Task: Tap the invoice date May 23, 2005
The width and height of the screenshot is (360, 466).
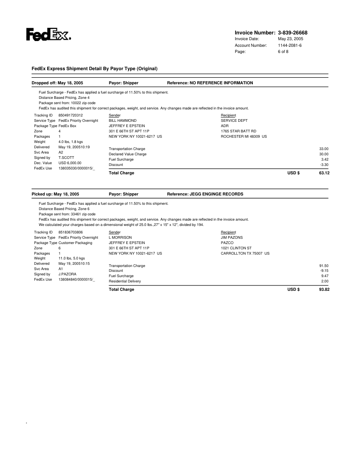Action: [x=290, y=39]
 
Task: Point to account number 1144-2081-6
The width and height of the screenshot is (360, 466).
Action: [x=290, y=45]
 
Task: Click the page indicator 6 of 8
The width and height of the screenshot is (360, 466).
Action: [x=283, y=52]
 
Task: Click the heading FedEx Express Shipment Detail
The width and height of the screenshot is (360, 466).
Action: [x=94, y=68]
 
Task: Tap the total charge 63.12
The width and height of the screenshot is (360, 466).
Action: [x=324, y=173]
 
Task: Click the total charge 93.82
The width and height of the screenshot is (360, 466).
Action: [x=324, y=289]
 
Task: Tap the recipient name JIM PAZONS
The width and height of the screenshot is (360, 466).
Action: [x=232, y=237]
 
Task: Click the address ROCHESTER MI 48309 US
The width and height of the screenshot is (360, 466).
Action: [x=244, y=136]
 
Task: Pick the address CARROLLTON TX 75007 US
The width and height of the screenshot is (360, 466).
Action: [x=245, y=253]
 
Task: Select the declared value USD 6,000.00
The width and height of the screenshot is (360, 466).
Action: [x=70, y=163]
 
